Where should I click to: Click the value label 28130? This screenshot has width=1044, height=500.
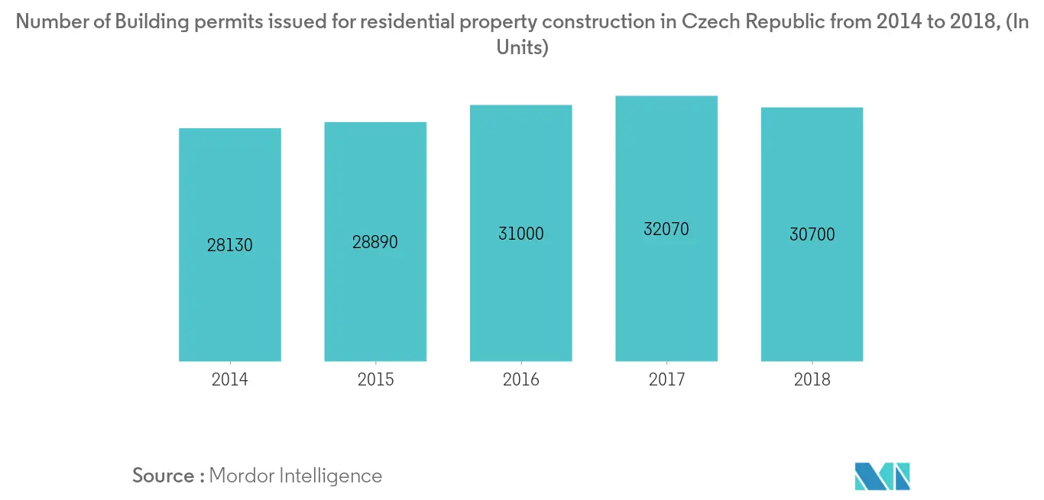pyautogui.click(x=230, y=246)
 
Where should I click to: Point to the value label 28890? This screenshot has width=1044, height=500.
pyautogui.click(x=375, y=242)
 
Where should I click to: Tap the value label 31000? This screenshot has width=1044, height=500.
pyautogui.click(x=520, y=234)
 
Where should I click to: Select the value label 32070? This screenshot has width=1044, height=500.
pyautogui.click(x=666, y=228)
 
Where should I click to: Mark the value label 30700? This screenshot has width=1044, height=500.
pyautogui.click(x=812, y=234)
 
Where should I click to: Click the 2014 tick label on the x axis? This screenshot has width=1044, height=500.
pyautogui.click(x=230, y=379)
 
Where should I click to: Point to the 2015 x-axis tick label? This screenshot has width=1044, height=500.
pyautogui.click(x=375, y=379)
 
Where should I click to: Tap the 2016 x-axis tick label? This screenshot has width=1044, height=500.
pyautogui.click(x=520, y=379)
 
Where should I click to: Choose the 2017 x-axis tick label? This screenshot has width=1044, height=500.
pyautogui.click(x=666, y=379)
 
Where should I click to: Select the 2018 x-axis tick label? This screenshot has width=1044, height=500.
pyautogui.click(x=812, y=379)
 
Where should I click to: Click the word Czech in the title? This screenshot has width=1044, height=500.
pyautogui.click(x=708, y=22)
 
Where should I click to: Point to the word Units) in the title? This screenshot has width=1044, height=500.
pyautogui.click(x=523, y=47)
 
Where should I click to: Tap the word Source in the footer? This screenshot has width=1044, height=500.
pyautogui.click(x=164, y=476)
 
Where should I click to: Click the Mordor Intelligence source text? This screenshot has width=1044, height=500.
pyautogui.click(x=295, y=476)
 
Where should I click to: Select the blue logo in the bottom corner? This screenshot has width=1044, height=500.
pyautogui.click(x=883, y=476)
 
